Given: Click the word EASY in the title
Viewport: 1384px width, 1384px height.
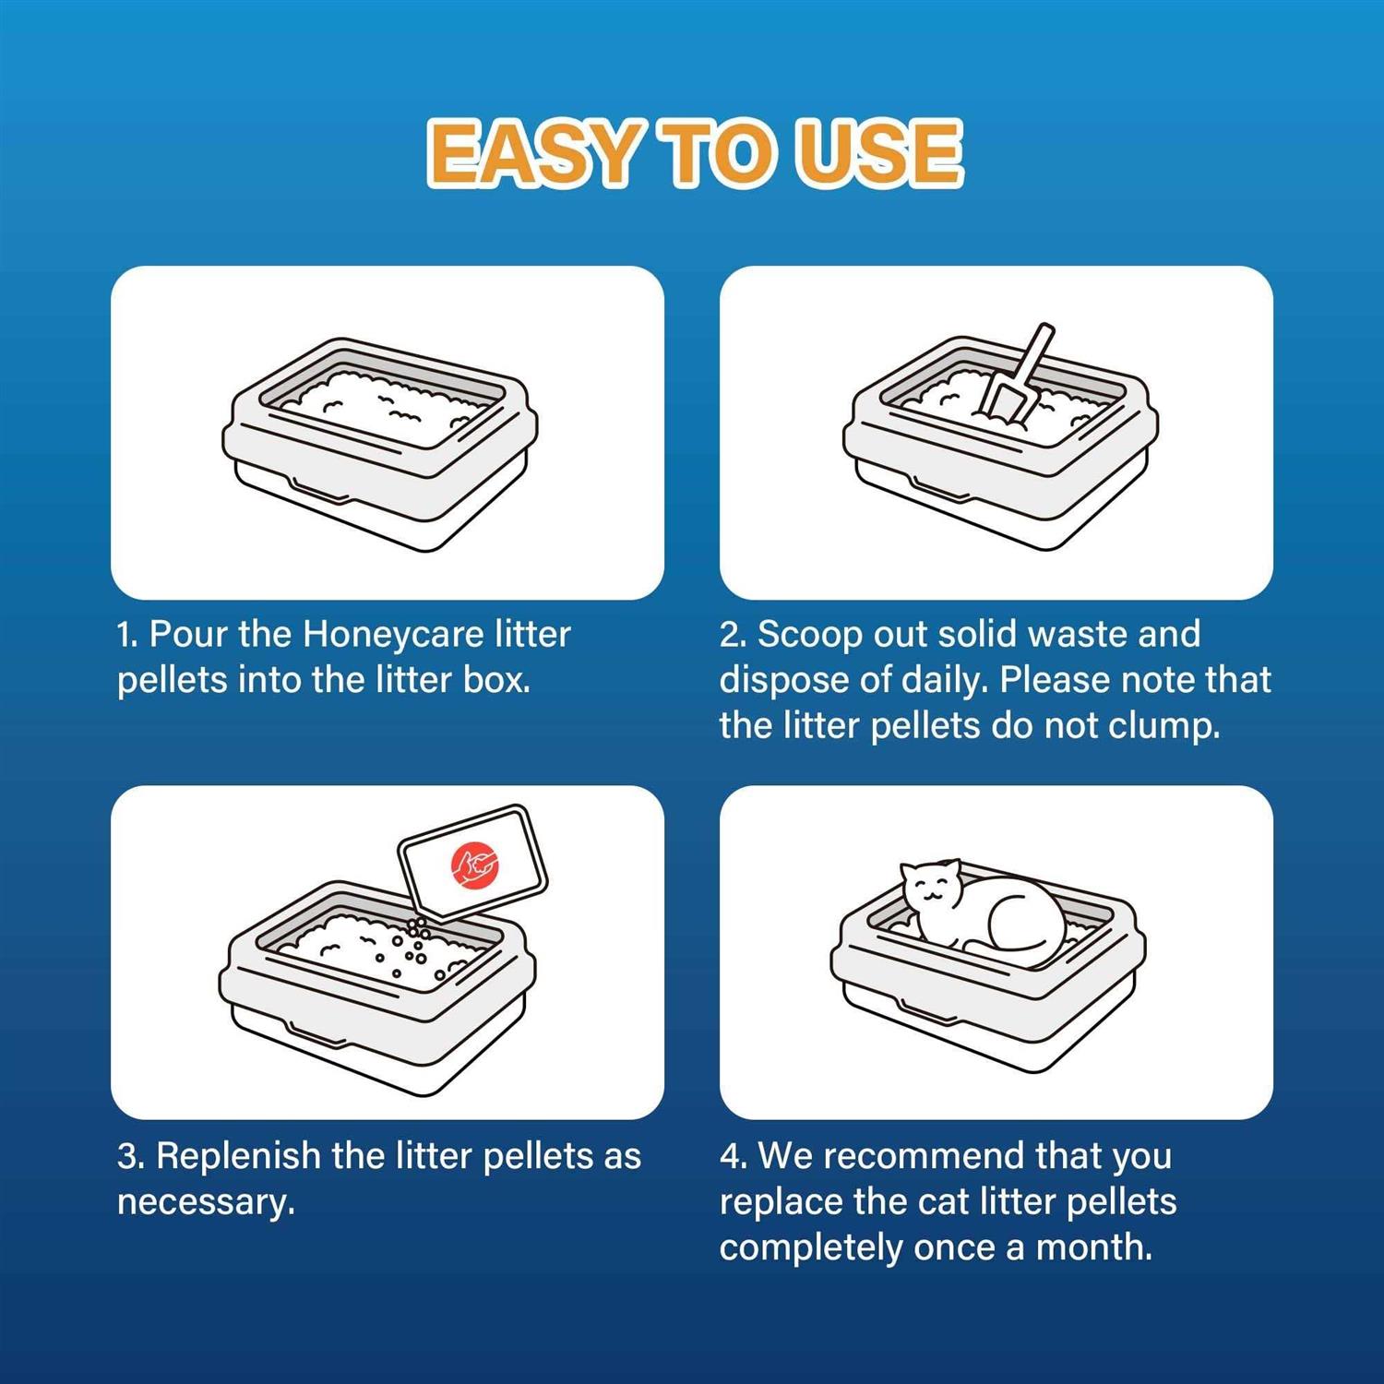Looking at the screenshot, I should point(532,153).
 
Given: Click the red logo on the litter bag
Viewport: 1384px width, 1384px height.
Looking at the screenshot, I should point(475,865).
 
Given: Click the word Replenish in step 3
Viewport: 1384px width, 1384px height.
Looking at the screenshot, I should point(237,1156).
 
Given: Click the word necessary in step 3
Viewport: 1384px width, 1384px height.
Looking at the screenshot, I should point(205,1202).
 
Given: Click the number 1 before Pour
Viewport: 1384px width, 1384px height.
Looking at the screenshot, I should point(125,635).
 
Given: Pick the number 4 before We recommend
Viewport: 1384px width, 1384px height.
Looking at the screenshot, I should point(731,1156).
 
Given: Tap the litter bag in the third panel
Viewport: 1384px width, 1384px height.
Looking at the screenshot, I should point(472,863).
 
